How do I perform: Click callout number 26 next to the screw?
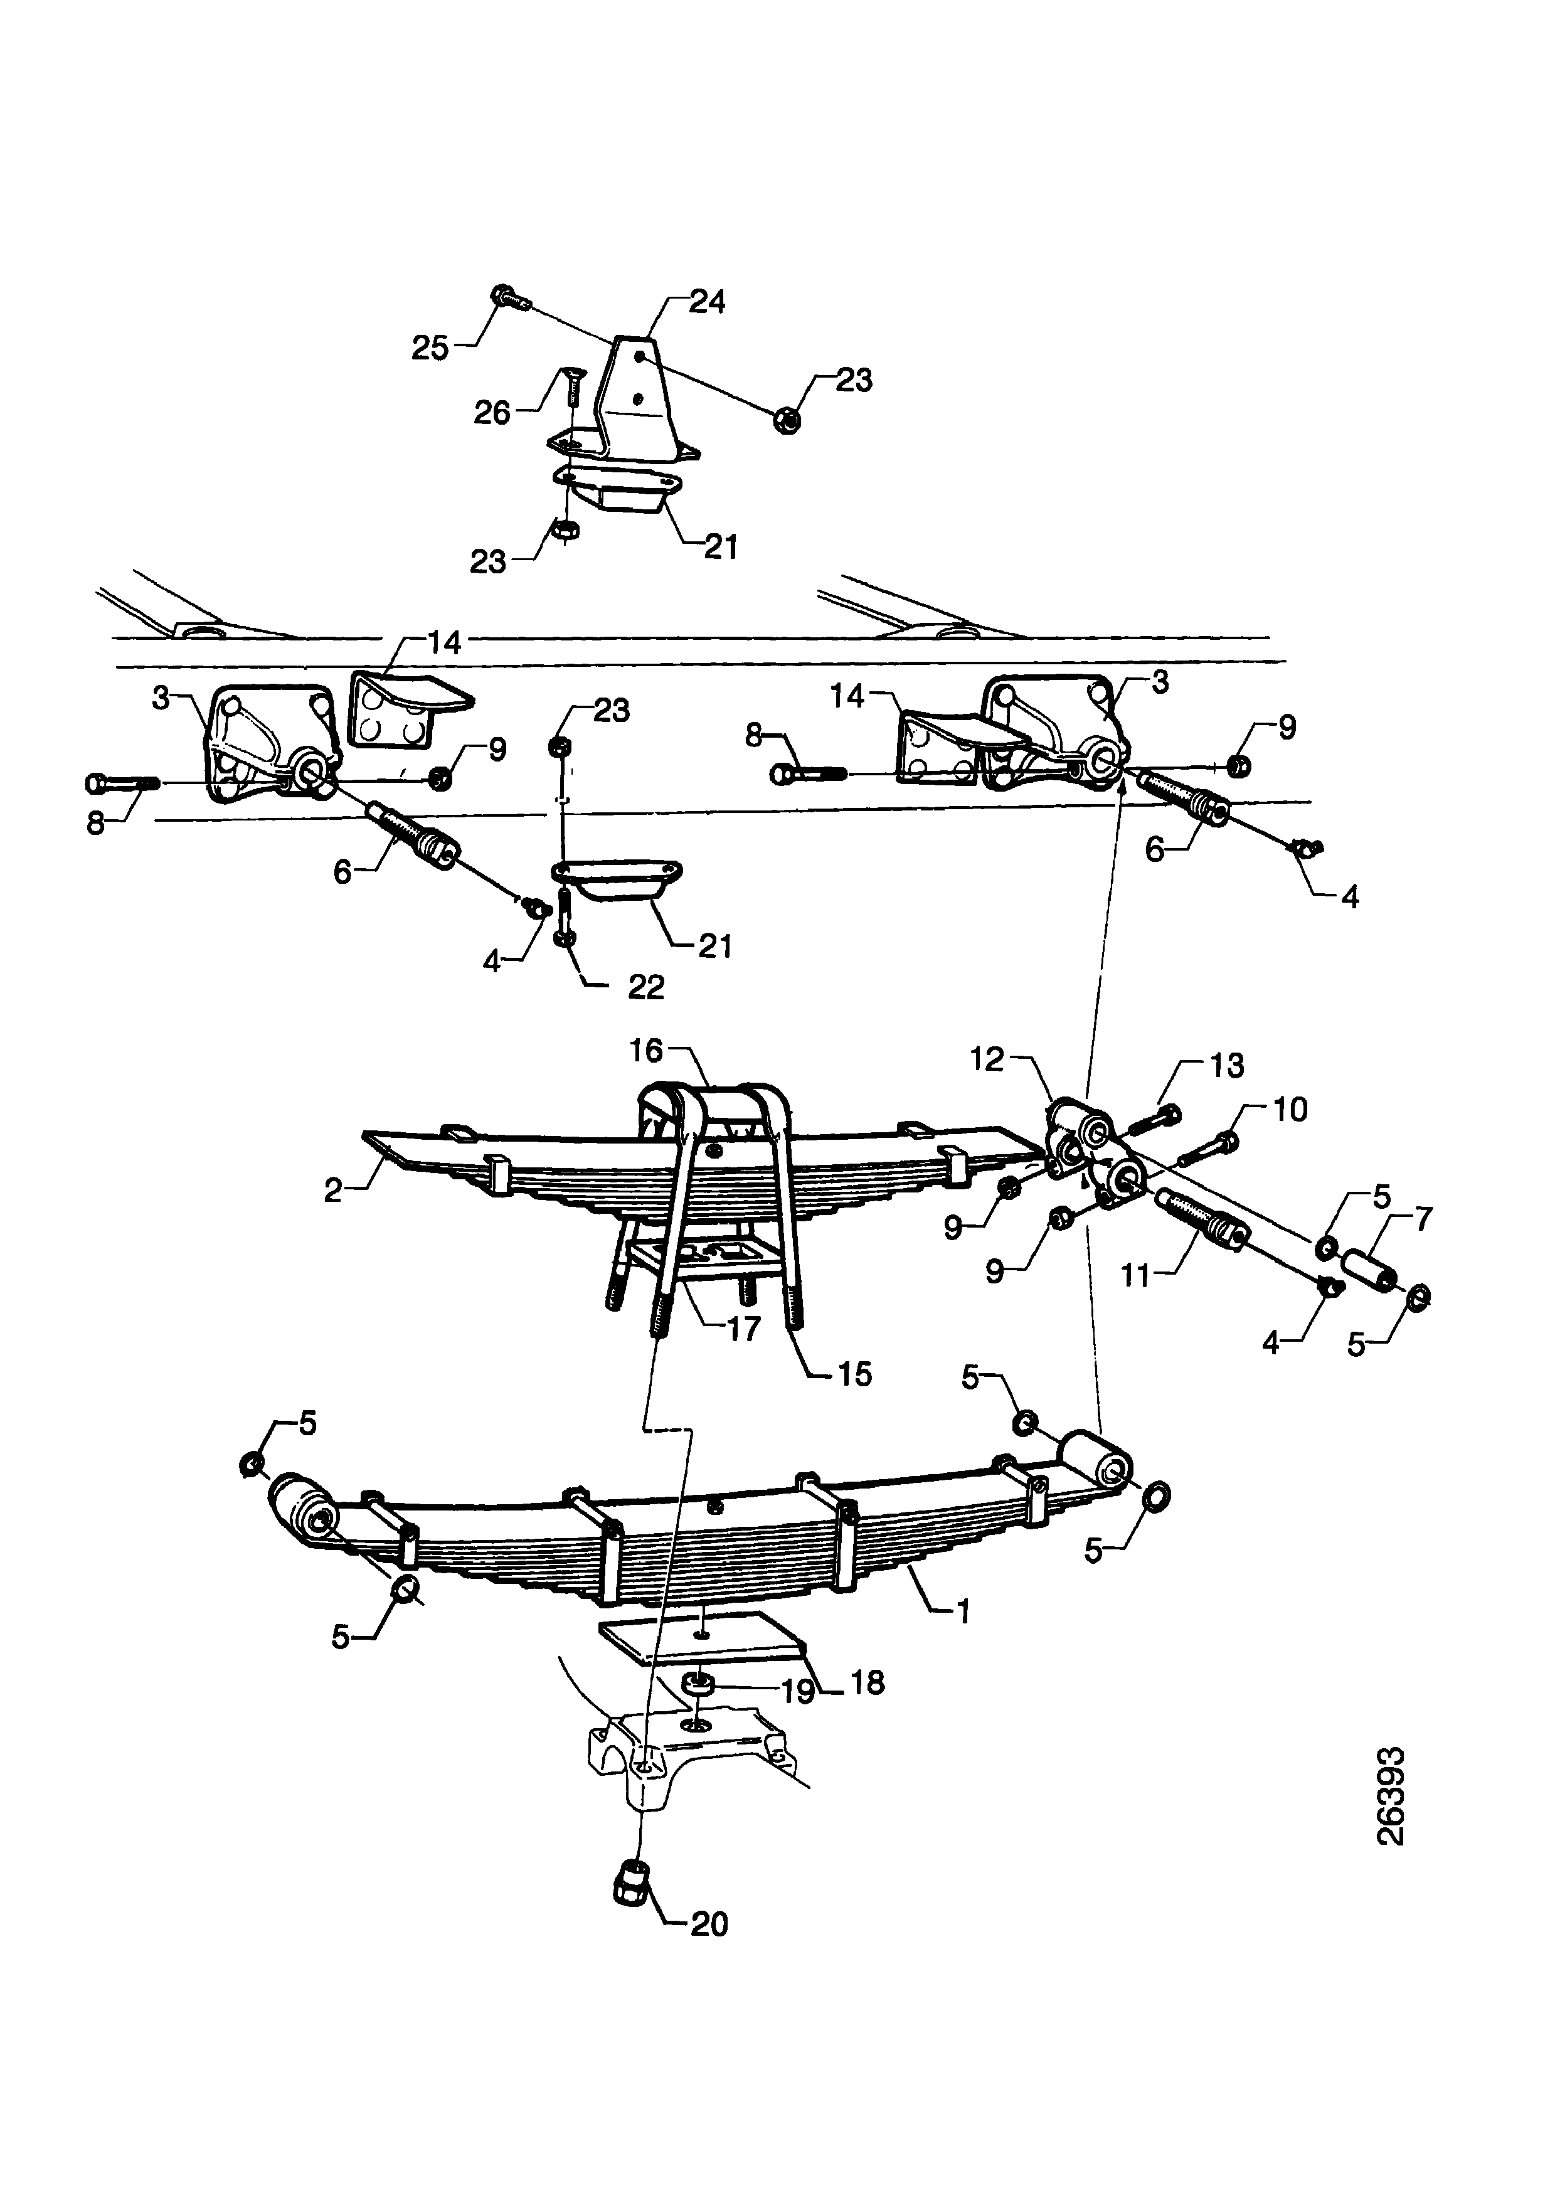[492, 413]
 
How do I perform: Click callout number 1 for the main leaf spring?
[963, 1612]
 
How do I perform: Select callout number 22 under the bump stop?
[645, 987]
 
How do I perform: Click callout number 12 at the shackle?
[986, 1059]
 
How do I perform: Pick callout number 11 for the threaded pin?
[1135, 1275]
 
